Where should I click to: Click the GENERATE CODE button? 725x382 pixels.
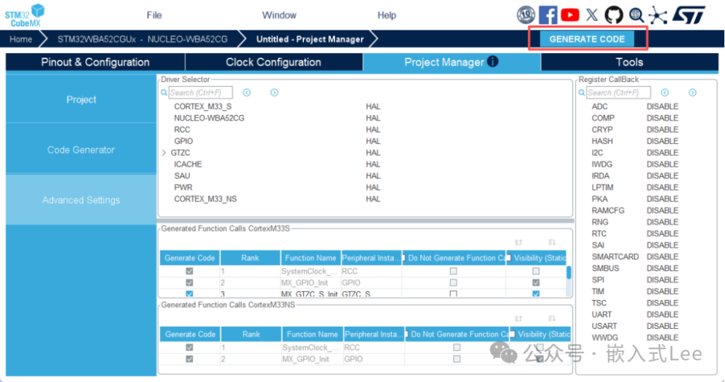[x=587, y=39]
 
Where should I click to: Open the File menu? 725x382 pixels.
[x=154, y=15]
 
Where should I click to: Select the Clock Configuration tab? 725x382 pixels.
[x=273, y=62]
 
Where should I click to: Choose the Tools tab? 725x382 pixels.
[x=629, y=62]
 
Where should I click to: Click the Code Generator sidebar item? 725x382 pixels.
[x=81, y=150]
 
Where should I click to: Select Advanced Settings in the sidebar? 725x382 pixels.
[x=81, y=200]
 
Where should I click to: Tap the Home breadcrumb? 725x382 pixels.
[x=21, y=39]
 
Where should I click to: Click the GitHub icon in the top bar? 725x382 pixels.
[x=614, y=15]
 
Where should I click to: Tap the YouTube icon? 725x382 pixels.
[x=570, y=15]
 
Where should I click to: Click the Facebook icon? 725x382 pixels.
[x=548, y=15]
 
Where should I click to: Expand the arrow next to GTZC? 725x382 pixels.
[x=164, y=153]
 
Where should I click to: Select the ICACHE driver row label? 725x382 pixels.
[x=188, y=164]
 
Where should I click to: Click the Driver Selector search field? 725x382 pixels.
[x=200, y=93]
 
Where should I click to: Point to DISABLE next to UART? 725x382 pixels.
[x=662, y=314]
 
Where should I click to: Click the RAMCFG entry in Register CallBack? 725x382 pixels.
[x=608, y=210]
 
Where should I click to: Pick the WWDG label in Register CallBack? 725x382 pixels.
[x=605, y=337]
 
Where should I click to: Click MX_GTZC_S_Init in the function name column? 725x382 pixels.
[x=309, y=294]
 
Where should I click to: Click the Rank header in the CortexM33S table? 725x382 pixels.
[x=250, y=258]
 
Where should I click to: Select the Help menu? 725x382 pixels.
[x=387, y=15]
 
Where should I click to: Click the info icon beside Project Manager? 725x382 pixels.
[x=493, y=62]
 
